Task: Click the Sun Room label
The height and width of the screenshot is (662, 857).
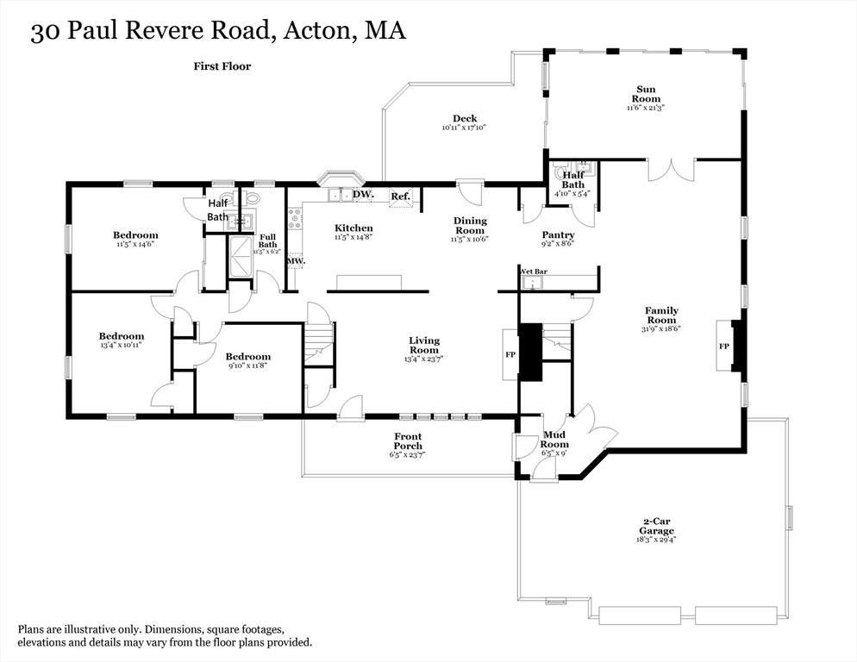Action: [646, 94]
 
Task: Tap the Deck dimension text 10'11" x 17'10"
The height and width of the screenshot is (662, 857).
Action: [465, 128]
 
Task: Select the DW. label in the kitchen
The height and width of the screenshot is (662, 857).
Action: [362, 195]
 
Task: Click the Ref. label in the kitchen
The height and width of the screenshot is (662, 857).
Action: [400, 197]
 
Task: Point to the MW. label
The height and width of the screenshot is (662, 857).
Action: [296, 260]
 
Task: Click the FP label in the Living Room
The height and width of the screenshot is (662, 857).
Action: [510, 354]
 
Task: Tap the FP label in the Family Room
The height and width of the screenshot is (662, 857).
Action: [723, 347]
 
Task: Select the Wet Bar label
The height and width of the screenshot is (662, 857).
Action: [534, 271]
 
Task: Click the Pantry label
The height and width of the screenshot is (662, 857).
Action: [558, 235]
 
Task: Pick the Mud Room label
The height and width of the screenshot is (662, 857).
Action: [555, 440]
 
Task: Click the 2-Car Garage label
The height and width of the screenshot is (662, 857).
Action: [657, 526]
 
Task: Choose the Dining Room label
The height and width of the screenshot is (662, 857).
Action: [470, 226]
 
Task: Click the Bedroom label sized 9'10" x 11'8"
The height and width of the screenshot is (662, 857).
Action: [248, 357]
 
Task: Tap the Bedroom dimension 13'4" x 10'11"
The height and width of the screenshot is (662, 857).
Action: [121, 345]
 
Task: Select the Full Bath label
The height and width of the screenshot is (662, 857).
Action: [267, 241]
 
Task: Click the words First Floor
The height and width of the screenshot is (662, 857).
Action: [222, 66]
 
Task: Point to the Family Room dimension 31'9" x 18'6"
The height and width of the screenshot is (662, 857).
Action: [661, 328]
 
